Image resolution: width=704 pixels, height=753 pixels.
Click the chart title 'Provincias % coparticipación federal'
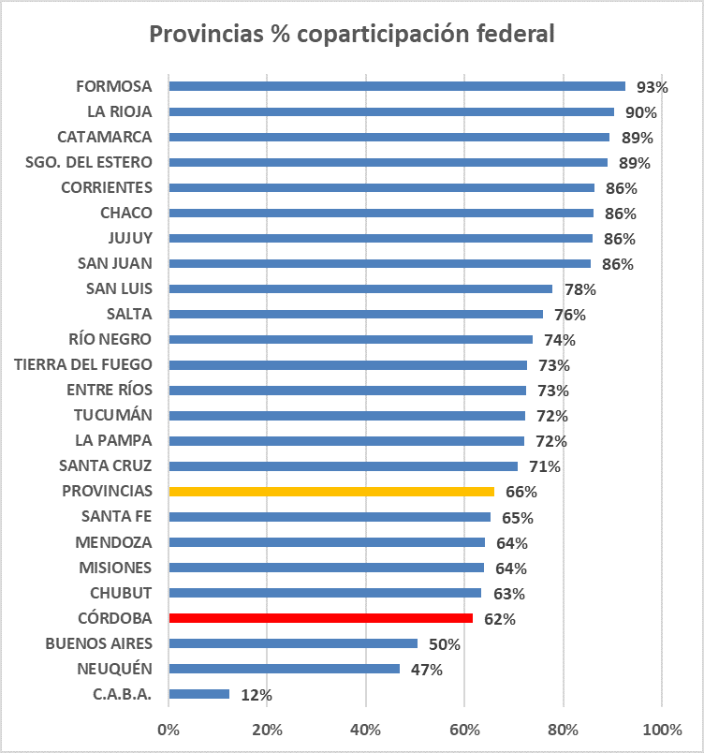tap(352, 34)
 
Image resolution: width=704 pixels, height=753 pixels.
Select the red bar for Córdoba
tap(321, 618)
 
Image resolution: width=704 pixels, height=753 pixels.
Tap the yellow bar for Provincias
tap(331, 491)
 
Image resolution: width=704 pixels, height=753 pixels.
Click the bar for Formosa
tap(397, 86)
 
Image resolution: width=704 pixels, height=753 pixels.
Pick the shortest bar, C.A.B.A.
tap(198, 694)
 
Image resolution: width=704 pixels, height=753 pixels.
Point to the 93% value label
tap(652, 87)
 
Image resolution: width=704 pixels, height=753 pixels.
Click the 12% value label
tap(256, 695)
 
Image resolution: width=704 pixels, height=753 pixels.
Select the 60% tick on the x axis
tap(464, 730)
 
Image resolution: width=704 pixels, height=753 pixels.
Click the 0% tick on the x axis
tap(169, 730)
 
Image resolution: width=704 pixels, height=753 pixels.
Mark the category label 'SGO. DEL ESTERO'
tap(89, 162)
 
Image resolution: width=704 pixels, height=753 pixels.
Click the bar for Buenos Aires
tap(293, 643)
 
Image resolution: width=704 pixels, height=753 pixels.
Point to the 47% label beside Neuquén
tap(426, 670)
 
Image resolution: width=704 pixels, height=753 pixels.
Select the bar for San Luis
tap(360, 288)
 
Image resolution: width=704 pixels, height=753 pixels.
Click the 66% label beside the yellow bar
tap(521, 492)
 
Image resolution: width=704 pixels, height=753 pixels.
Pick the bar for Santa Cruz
tap(343, 465)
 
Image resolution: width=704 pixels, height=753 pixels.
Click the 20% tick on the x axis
tap(267, 730)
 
